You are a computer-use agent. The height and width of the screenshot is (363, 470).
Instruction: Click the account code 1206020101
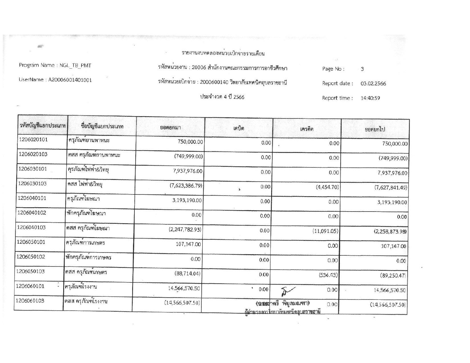click(x=33, y=140)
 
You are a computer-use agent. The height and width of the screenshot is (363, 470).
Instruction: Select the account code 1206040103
click(x=31, y=227)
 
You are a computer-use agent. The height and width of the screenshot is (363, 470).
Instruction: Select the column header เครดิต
click(x=307, y=129)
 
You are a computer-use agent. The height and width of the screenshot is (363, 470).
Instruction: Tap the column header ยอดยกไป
click(x=375, y=129)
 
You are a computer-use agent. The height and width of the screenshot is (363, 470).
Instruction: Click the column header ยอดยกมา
click(x=170, y=128)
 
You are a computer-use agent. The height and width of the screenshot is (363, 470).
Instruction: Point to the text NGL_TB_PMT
click(x=75, y=65)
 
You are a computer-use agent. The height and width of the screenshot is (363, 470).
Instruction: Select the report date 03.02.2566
click(x=373, y=83)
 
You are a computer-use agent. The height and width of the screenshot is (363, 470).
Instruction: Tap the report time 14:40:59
click(x=370, y=98)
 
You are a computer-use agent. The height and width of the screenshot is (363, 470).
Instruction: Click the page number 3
click(x=362, y=69)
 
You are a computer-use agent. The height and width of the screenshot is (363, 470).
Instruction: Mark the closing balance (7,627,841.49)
click(x=391, y=187)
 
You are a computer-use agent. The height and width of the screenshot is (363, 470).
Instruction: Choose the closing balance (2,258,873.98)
click(x=390, y=231)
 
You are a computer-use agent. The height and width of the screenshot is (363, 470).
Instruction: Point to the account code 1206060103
click(x=30, y=301)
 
